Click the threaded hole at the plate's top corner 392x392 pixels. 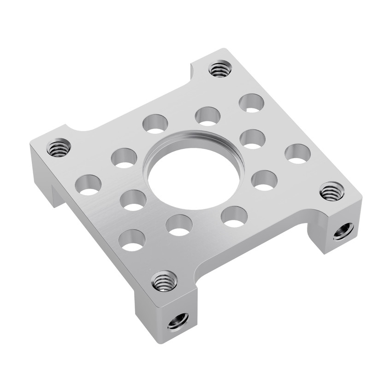(219, 69)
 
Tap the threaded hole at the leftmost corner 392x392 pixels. (59, 148)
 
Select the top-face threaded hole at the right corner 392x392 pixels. (331, 191)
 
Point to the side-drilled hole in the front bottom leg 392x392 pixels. (178, 320)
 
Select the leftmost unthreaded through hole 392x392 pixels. (89, 184)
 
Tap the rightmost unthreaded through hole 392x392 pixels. (297, 154)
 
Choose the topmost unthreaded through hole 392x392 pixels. (252, 103)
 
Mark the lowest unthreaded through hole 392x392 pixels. (132, 240)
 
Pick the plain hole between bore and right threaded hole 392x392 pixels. (264, 180)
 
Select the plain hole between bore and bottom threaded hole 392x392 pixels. (179, 225)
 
